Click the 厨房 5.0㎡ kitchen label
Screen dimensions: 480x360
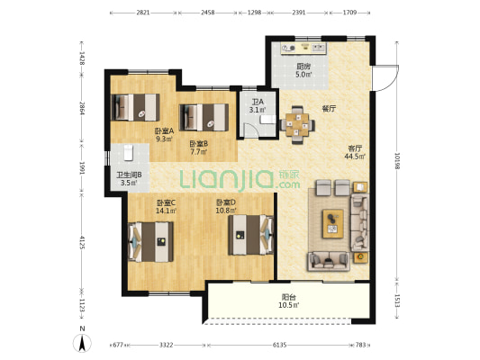click(x=303, y=70)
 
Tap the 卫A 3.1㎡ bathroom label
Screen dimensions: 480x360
click(x=258, y=105)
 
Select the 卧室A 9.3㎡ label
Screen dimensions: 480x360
click(x=164, y=135)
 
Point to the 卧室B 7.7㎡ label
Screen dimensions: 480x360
click(x=199, y=148)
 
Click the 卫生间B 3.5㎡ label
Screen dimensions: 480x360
click(x=129, y=179)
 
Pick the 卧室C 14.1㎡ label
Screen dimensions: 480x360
click(x=166, y=207)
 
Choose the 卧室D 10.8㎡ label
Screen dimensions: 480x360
click(x=226, y=206)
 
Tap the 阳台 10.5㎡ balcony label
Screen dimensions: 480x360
click(x=289, y=301)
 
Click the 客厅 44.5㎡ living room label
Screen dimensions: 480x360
click(x=355, y=152)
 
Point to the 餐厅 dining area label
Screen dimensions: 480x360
click(x=329, y=109)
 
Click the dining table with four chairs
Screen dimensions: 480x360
click(x=297, y=125)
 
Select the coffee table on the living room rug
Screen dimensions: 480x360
click(x=332, y=223)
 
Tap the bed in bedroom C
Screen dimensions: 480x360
click(x=150, y=241)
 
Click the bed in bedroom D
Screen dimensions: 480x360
click(x=250, y=235)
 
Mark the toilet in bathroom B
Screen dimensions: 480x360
click(x=128, y=152)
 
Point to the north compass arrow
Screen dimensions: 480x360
click(x=82, y=343)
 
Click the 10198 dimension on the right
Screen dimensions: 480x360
click(x=397, y=160)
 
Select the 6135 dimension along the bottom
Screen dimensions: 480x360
click(x=279, y=345)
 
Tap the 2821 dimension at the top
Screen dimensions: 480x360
click(x=143, y=13)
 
